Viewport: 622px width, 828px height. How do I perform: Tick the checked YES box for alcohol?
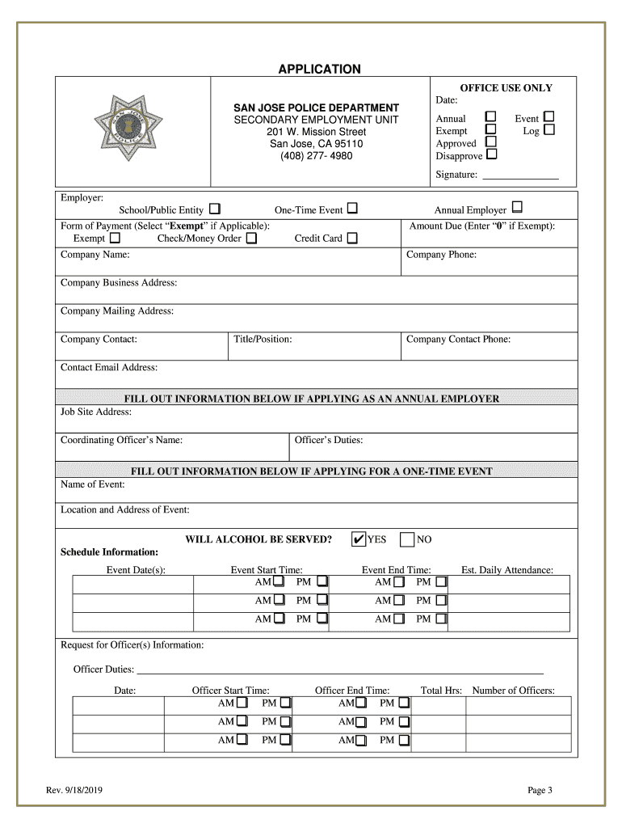(x=359, y=539)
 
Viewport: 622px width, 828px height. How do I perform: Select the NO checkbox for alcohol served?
(x=407, y=539)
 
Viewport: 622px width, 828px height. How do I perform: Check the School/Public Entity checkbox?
(x=215, y=209)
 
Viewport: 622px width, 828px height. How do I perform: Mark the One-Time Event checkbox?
(x=352, y=209)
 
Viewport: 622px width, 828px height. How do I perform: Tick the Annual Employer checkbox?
(x=517, y=209)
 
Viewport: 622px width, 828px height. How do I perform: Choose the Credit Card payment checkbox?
(x=352, y=238)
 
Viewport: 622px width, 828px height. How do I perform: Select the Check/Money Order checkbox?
(x=251, y=238)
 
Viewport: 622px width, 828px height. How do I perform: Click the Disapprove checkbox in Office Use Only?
(x=491, y=154)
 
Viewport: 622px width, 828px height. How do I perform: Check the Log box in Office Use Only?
(x=549, y=129)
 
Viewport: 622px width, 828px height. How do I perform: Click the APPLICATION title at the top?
(x=319, y=70)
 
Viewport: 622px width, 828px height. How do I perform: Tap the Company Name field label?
(x=95, y=255)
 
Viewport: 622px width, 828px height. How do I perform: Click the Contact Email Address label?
(x=109, y=367)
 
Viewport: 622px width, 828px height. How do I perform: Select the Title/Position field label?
(x=263, y=339)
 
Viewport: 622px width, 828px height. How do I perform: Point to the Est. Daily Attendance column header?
(x=506, y=570)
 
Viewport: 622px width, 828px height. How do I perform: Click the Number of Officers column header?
(x=513, y=690)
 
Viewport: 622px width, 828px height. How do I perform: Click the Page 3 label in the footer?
(x=539, y=790)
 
